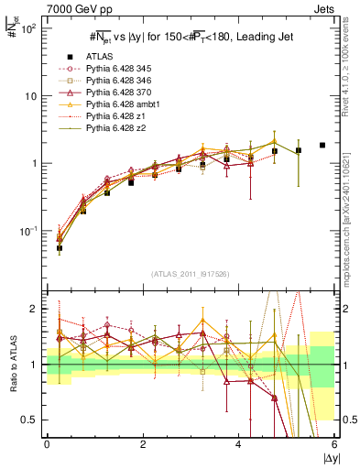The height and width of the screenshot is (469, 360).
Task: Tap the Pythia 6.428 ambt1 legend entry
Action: click(x=121, y=104)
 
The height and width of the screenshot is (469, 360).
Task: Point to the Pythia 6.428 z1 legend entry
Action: click(x=114, y=115)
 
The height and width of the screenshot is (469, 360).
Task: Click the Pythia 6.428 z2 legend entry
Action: click(x=114, y=127)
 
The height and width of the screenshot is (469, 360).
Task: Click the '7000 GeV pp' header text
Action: click(x=60, y=7)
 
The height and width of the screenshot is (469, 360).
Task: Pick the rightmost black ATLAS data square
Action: click(x=322, y=145)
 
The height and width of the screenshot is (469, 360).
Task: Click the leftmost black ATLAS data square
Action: click(x=60, y=248)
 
